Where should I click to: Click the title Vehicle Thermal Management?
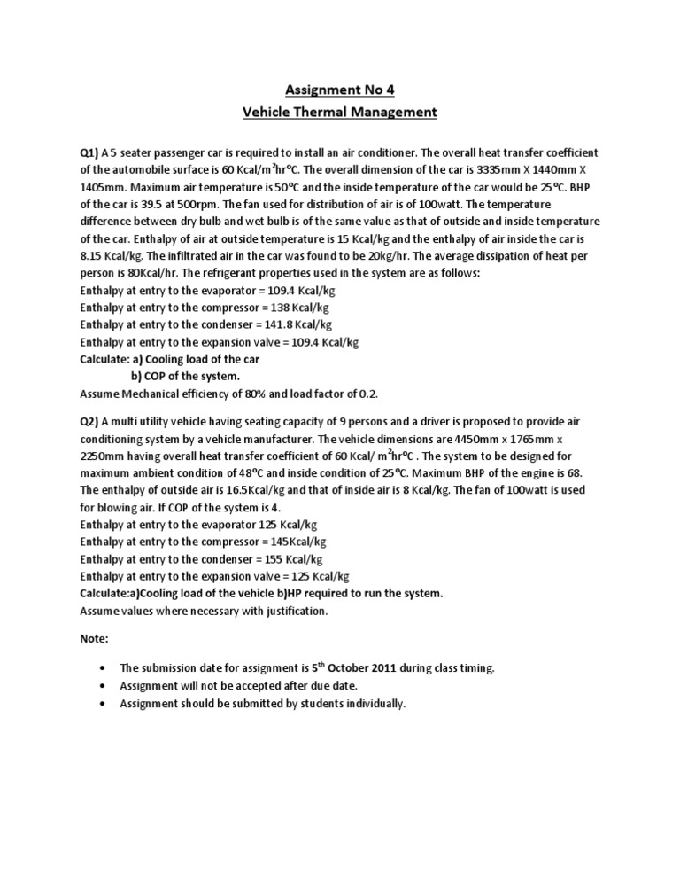(x=340, y=112)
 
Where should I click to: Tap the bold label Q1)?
(x=90, y=152)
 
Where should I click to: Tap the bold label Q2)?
(x=90, y=424)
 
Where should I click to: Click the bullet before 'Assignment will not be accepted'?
(x=104, y=686)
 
